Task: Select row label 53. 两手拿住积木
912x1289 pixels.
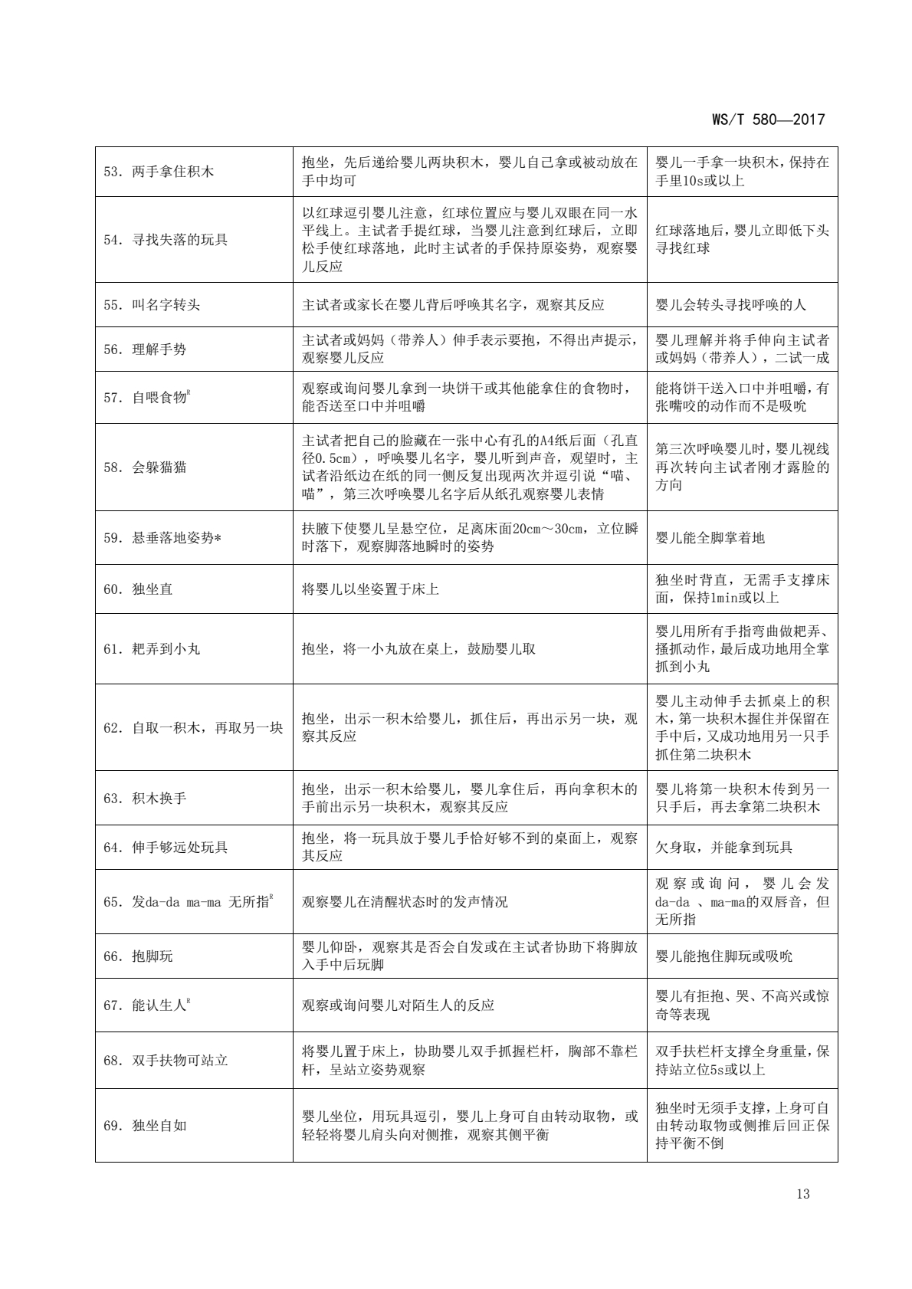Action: [x=159, y=172]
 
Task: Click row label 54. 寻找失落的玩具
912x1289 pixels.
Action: [x=166, y=240]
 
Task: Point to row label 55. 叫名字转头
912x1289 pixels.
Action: [x=152, y=305]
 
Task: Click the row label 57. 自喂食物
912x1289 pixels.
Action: [x=146, y=398]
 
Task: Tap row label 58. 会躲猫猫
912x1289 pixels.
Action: [x=145, y=467]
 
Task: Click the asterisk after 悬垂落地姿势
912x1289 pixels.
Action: [x=218, y=538]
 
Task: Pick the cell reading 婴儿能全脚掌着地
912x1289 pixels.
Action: [x=710, y=538]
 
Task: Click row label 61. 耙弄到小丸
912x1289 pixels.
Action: [x=152, y=649]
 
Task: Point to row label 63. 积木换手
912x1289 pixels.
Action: [x=145, y=799]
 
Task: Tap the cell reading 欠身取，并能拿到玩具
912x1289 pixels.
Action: [x=724, y=848]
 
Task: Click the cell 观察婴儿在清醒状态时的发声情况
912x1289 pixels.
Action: [x=405, y=902]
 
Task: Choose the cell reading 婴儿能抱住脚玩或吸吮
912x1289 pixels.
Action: [x=724, y=956]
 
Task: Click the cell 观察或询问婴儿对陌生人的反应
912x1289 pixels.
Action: [x=399, y=1005]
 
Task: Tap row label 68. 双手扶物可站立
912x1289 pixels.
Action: [x=166, y=1061]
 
